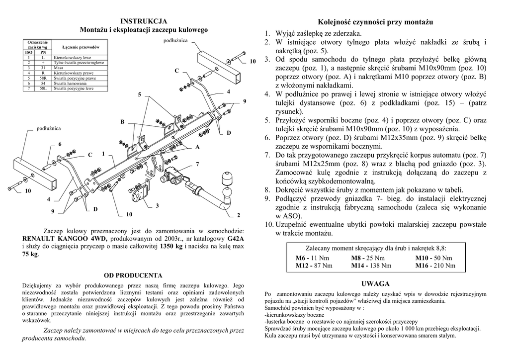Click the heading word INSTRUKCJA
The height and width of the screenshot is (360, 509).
(144, 21)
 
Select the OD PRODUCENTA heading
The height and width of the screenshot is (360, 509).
(133, 274)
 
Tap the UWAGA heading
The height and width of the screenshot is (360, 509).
(375, 283)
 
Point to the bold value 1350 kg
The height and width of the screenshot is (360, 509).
(171, 246)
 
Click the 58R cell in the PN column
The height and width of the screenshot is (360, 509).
(43, 79)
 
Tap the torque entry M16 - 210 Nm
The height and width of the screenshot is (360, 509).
(435, 266)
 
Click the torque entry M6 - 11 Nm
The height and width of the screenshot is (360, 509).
(312, 258)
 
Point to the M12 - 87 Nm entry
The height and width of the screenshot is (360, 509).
(314, 266)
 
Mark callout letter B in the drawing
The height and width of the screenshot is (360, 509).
(122, 122)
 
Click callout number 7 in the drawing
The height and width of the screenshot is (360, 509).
(197, 164)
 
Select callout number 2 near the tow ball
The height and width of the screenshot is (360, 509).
(238, 215)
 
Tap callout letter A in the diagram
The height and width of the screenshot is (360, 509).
(197, 147)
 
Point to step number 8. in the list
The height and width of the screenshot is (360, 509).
(267, 190)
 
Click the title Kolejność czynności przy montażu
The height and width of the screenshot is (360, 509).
(375, 22)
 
